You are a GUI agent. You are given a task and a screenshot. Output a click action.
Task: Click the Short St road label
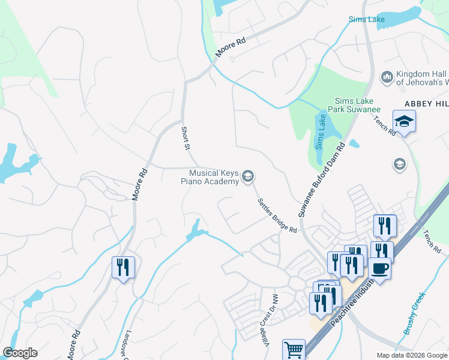coord(186,138)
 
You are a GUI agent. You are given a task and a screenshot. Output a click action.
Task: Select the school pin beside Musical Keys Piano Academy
coord(247,177)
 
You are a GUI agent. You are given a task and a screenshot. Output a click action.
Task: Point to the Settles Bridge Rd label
coord(277,216)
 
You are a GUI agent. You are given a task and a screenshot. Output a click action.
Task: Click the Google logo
coord(20,353)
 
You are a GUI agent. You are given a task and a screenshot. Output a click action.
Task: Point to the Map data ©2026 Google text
coord(411,355)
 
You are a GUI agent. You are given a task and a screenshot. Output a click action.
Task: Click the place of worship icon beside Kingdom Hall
coord(387,77)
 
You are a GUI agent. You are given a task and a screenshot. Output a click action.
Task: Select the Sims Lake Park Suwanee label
coord(358,105)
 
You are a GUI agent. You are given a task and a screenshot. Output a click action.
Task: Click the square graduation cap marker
coord(404,121)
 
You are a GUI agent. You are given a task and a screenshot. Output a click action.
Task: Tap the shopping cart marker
coord(294,349)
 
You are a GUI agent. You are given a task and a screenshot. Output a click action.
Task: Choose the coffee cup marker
coord(379,268)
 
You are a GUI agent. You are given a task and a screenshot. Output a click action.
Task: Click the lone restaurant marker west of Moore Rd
coord(124,267)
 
